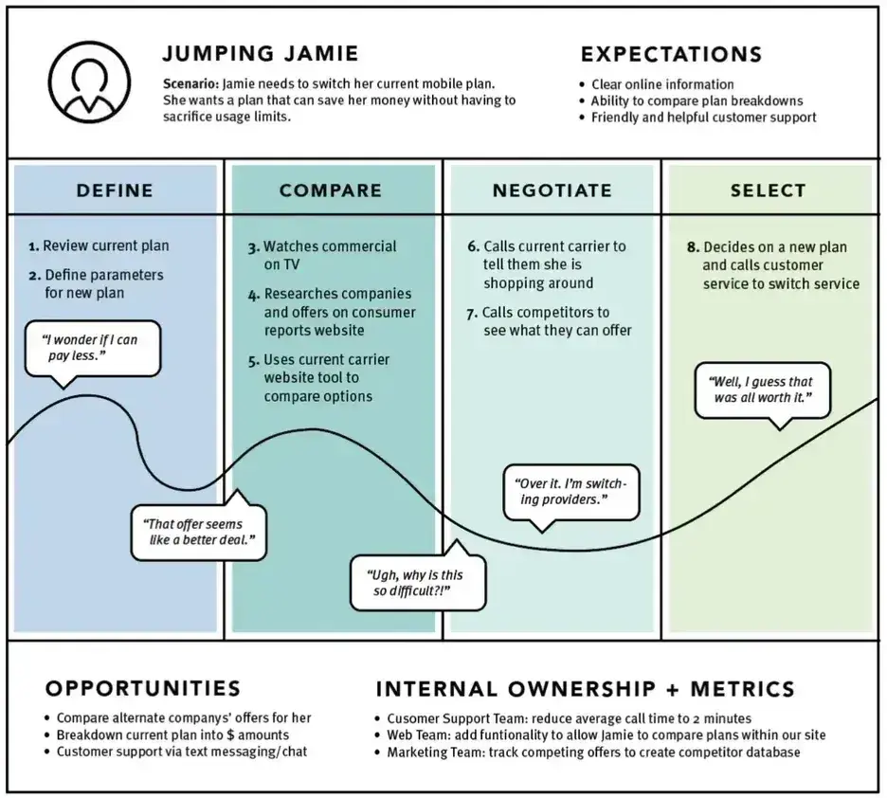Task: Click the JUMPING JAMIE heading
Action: point(261,53)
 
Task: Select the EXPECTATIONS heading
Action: point(671,54)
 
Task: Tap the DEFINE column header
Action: point(115,190)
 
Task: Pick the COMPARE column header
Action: point(331,190)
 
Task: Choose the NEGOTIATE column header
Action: point(552,190)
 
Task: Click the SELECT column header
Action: point(768,190)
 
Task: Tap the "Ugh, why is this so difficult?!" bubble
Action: point(419,583)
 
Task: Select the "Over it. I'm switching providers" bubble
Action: point(571,491)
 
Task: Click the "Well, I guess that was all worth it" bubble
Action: point(762,390)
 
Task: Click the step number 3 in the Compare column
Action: point(254,247)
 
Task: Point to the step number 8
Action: point(693,247)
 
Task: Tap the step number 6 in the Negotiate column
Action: point(473,247)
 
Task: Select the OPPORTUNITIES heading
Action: point(143,688)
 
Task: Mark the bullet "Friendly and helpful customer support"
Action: point(703,118)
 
